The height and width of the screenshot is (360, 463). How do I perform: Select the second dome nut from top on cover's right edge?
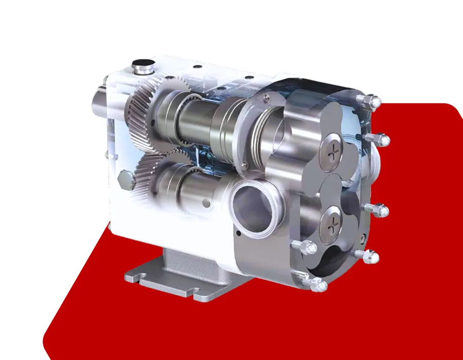(x=382, y=139)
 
